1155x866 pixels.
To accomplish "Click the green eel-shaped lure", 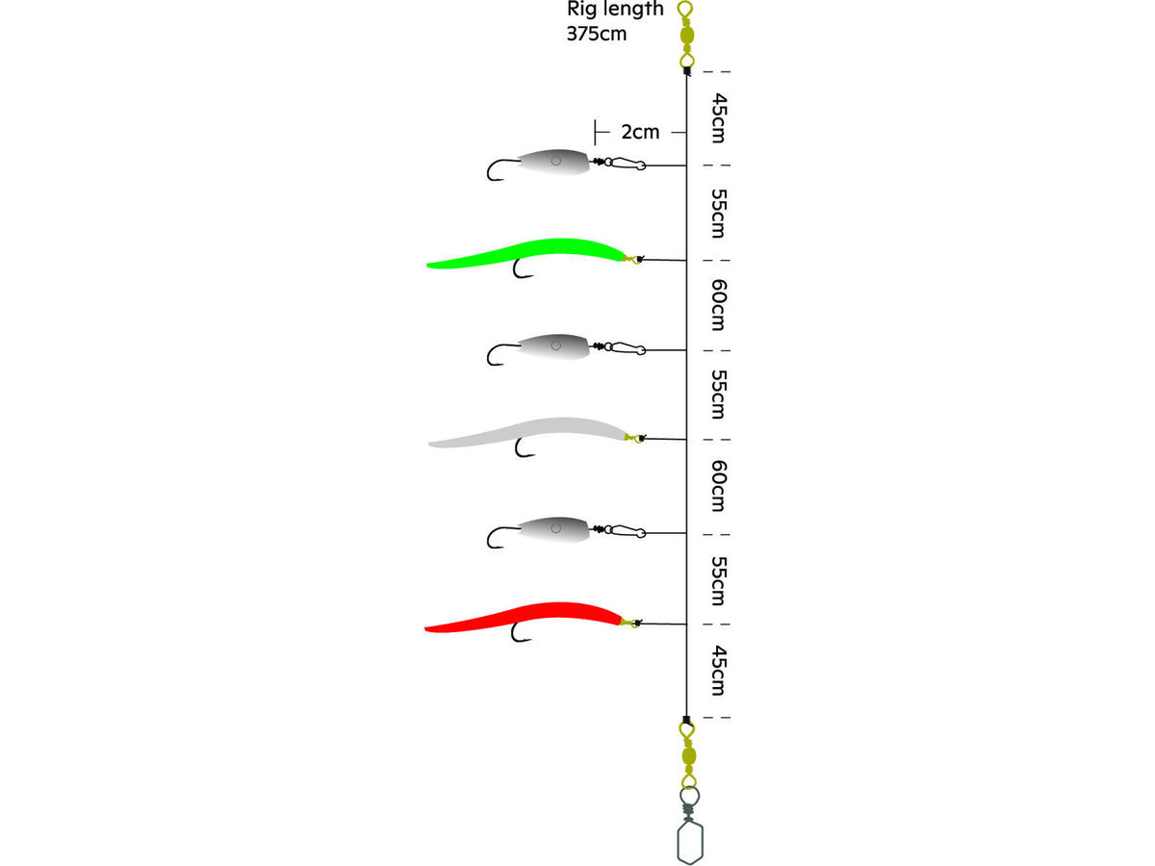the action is (526, 252).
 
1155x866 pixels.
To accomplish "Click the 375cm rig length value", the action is (596, 34).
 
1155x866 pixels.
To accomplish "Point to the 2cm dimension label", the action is (640, 132).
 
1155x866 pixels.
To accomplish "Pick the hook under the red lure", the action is (521, 632).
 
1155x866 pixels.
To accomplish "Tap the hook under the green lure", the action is (523, 268).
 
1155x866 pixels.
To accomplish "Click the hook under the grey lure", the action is (525, 448).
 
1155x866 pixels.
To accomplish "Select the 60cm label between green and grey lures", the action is (719, 305).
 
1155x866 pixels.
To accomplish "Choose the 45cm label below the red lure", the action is (719, 671).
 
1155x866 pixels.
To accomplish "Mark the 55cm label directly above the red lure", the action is (719, 580).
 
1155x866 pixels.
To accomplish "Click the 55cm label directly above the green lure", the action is (719, 213).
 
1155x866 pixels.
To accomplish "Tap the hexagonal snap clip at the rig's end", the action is (690, 840).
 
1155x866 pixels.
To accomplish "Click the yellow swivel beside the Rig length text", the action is (686, 36).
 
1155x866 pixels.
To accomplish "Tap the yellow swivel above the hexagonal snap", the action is (688, 755).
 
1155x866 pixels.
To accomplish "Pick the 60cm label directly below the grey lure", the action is (719, 486).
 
